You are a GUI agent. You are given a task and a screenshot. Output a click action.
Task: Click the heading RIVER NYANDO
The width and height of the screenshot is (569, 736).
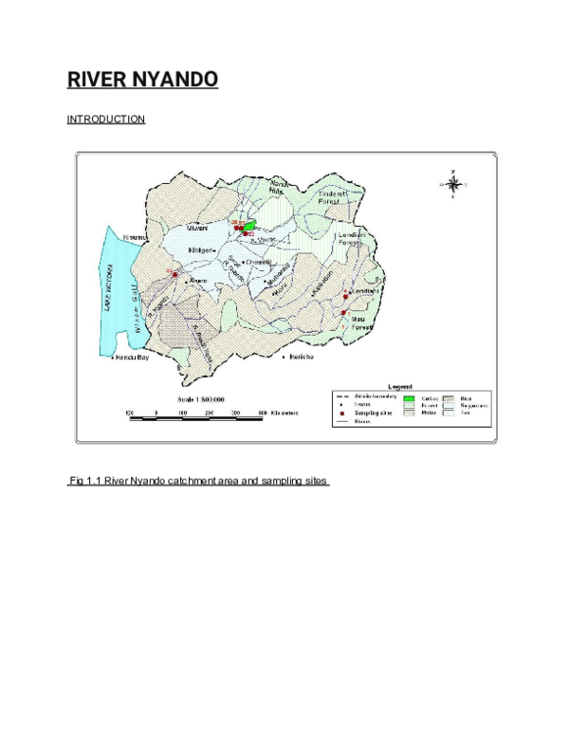click(x=142, y=79)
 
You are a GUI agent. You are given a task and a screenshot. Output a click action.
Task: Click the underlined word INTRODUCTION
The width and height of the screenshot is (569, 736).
click(x=105, y=120)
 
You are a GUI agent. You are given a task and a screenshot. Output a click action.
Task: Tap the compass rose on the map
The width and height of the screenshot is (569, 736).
click(x=453, y=184)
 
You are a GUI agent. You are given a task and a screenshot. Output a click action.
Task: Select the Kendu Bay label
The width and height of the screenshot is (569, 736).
click(x=130, y=359)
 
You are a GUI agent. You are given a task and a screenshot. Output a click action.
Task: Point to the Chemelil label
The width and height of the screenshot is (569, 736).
click(x=258, y=263)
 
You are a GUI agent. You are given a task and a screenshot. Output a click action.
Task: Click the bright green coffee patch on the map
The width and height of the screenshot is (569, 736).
click(x=249, y=226)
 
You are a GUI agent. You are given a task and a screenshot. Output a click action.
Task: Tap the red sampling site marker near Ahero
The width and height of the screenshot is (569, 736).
click(x=174, y=274)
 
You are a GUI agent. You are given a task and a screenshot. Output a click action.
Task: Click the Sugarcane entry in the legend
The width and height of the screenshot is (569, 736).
click(x=473, y=405)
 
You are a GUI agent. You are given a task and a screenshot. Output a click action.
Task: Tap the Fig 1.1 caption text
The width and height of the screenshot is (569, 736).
click(x=197, y=482)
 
